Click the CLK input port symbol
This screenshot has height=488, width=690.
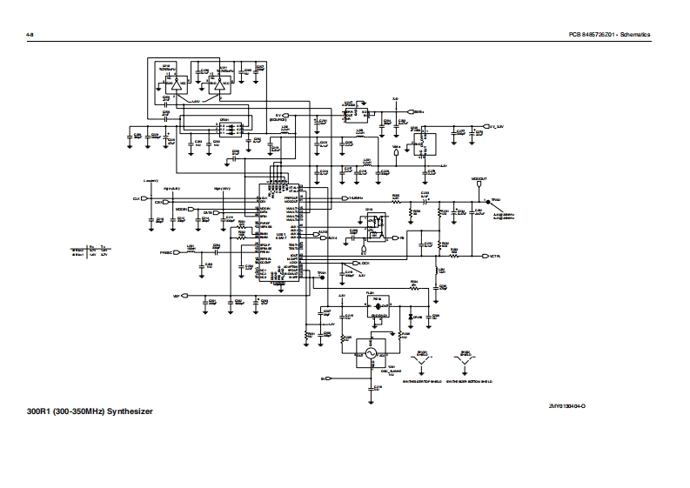pos(145,199)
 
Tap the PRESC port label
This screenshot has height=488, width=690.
pos(169,252)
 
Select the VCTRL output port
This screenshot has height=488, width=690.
pos(487,256)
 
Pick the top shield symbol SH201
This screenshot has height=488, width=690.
pos(422,361)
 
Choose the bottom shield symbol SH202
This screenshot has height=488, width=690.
pos(464,361)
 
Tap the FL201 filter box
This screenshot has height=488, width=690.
pos(377,305)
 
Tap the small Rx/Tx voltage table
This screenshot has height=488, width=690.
pos(90,252)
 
